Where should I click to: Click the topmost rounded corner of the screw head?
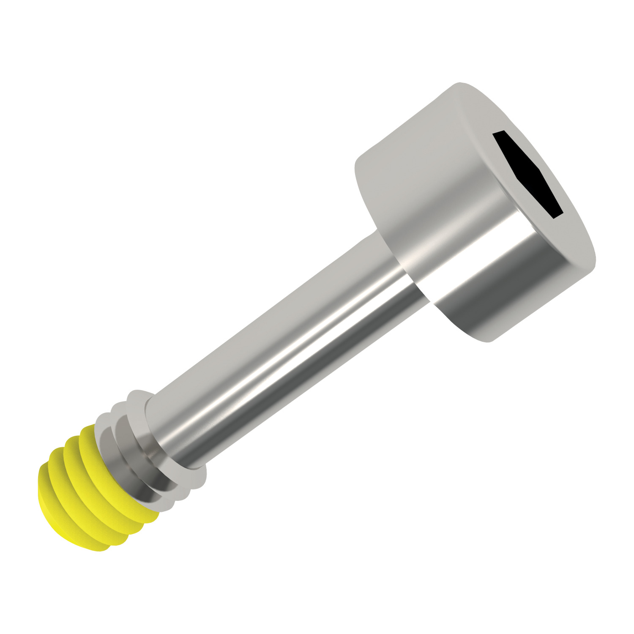click(459, 85)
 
